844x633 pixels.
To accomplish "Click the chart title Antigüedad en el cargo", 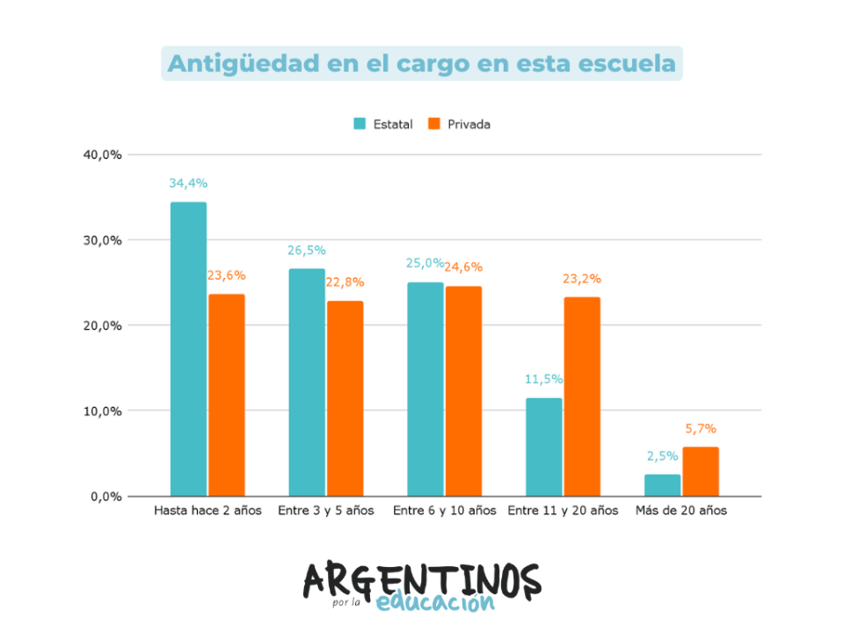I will click(422, 64).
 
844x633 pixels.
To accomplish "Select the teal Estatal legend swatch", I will click(360, 124).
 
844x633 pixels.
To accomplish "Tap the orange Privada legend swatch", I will click(433, 124).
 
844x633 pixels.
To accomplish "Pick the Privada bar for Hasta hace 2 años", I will click(227, 395).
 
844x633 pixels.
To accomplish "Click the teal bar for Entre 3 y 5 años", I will click(307, 382).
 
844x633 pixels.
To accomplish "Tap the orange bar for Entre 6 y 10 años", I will click(463, 390).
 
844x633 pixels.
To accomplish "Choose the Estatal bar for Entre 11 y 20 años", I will click(543, 447).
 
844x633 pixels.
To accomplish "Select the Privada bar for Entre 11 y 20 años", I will click(582, 397).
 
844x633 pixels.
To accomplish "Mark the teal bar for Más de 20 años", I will click(662, 485).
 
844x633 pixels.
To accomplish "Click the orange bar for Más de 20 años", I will click(701, 471).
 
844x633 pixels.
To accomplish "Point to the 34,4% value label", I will click(188, 184).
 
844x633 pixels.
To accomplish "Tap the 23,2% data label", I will click(582, 279).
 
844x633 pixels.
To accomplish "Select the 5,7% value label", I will click(701, 429).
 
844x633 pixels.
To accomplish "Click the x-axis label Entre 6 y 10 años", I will click(444, 511).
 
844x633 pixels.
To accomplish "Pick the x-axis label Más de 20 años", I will click(681, 511).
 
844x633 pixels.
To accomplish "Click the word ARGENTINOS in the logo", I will click(422, 580).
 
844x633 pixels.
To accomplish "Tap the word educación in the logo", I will click(435, 603).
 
